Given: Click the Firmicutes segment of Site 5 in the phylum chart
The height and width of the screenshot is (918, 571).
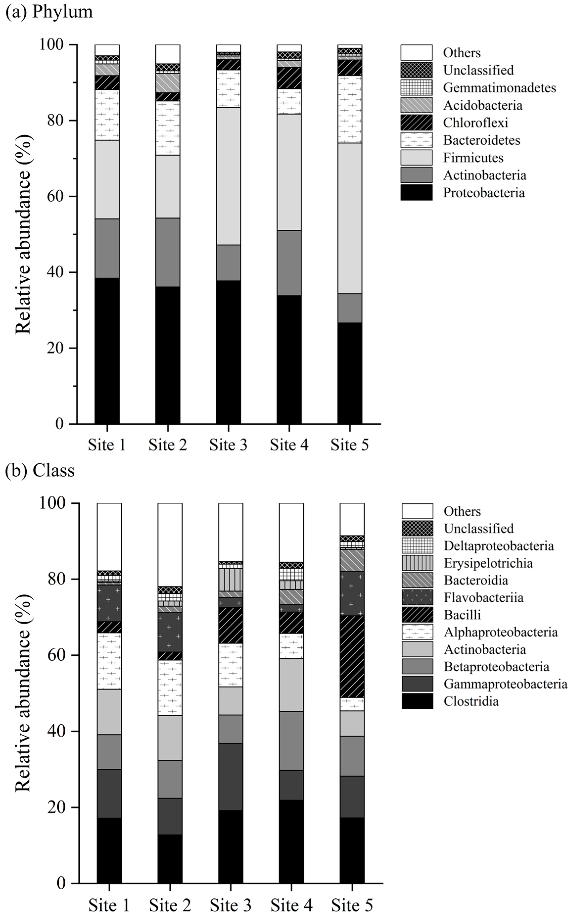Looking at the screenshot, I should coord(349,218).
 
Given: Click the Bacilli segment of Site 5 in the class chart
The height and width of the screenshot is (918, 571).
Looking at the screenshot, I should coord(352,656).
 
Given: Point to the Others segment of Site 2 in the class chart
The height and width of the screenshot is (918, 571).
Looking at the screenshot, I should coord(170,544).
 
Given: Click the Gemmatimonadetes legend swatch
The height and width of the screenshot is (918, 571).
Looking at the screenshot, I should coord(416,88).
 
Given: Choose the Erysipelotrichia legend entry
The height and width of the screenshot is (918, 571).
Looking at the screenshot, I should coord(488,563).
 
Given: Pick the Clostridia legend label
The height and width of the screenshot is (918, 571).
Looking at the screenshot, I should coord(471,701).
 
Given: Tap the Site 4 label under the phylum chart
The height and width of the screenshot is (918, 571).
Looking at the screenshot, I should coord(289,445).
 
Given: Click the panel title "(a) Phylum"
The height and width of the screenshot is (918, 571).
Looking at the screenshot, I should coord(49,11).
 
